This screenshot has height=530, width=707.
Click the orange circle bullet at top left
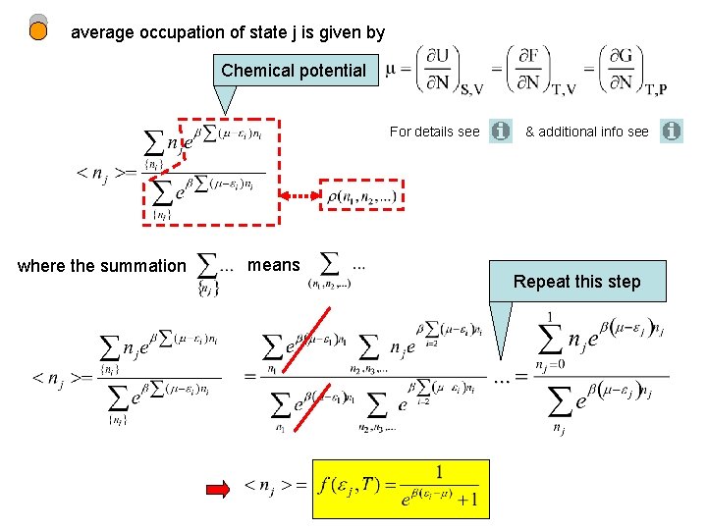point(38,30)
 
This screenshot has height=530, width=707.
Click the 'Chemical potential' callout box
point(294,70)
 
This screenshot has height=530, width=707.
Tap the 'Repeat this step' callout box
point(576,282)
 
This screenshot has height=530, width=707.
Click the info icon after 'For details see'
point(501,131)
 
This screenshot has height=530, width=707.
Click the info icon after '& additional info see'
point(672,131)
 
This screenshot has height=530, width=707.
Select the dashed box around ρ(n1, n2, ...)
point(361,195)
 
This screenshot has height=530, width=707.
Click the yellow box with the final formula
point(401,488)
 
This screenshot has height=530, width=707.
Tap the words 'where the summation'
point(101,265)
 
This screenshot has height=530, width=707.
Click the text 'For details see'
point(434,132)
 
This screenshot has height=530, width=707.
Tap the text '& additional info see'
point(587,132)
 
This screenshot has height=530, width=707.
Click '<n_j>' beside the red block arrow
point(273,485)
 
